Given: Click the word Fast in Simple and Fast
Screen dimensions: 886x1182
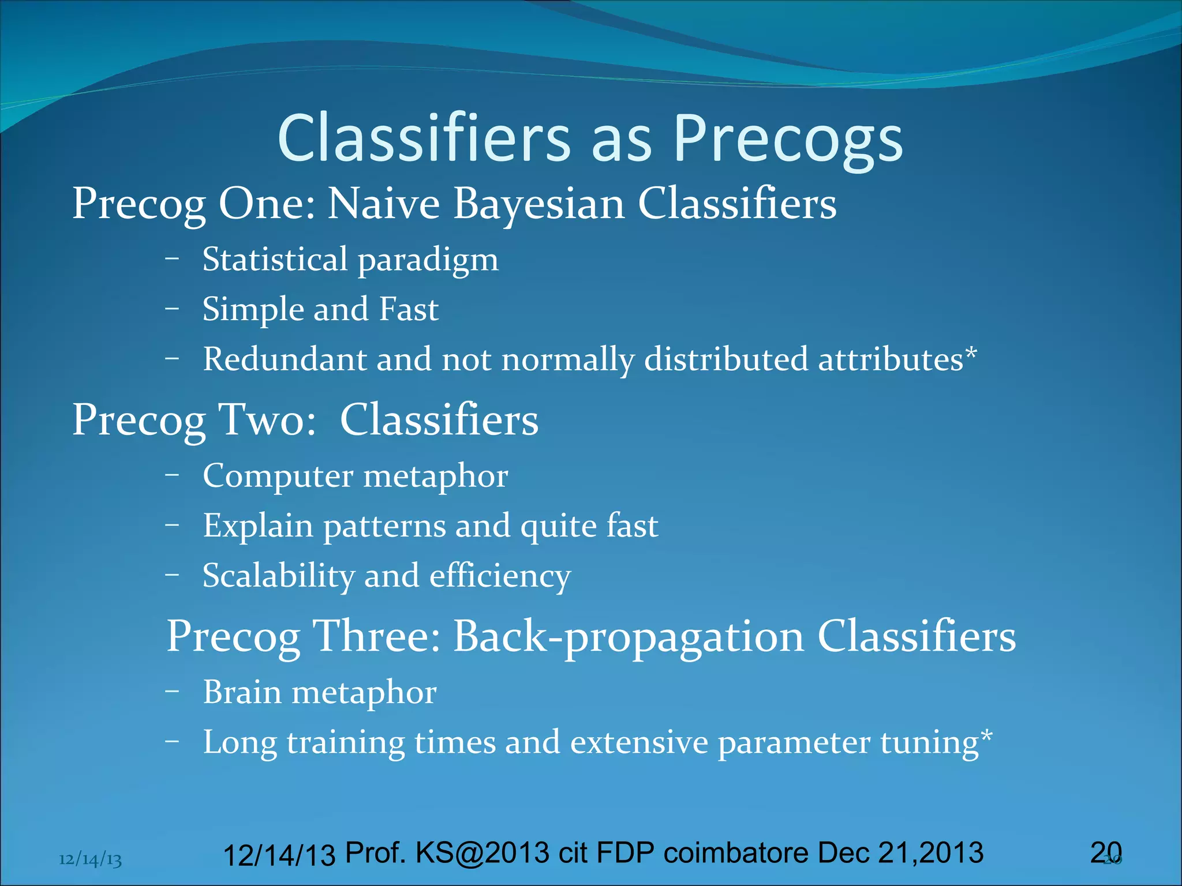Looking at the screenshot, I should coord(409,309).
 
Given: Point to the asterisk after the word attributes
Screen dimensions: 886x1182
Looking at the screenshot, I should coord(971,352).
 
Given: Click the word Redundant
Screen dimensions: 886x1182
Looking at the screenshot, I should coord(285,359).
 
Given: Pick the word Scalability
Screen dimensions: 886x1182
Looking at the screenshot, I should coord(278,576).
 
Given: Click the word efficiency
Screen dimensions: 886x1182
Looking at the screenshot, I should coord(500,576).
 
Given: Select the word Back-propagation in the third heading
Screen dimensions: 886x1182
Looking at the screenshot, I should coord(629,637).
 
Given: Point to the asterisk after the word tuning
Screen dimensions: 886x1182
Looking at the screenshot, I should coord(987,735).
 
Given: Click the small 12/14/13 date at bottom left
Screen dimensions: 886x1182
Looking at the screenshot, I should coord(90,860).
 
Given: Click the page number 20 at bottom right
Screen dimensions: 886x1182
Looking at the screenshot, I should coord(1106,853).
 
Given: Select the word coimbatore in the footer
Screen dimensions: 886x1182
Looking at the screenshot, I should coord(736,853).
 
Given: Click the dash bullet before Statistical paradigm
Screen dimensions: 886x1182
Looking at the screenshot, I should coord(172,258).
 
